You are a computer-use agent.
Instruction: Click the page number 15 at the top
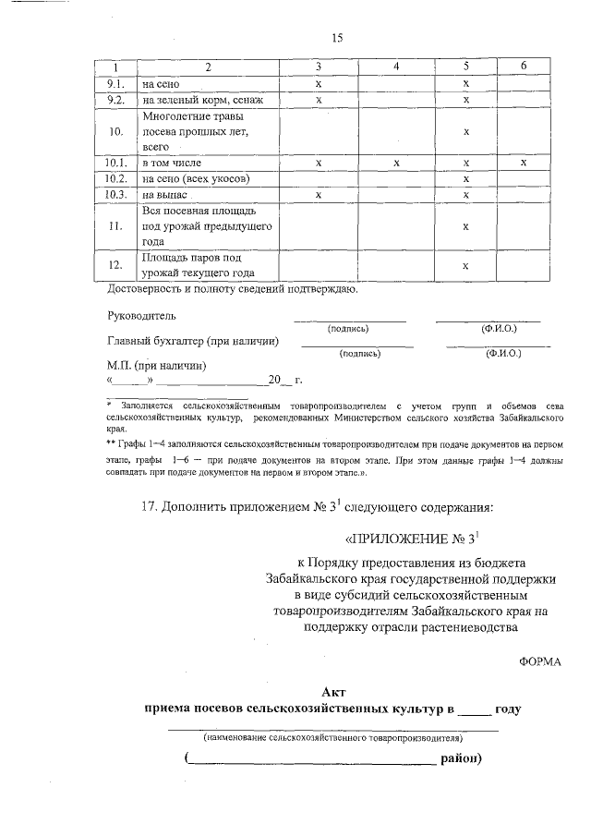337,38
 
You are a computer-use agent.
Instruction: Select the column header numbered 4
395,67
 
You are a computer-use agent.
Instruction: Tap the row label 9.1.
115,83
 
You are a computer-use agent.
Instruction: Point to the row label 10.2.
115,178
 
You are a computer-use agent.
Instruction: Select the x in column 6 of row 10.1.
523,163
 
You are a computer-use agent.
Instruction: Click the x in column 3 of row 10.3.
318,195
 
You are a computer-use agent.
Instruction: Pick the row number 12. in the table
115,265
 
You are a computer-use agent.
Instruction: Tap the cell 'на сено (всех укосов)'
195,178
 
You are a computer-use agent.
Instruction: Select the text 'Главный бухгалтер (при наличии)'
193,341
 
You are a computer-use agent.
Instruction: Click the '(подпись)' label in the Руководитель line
348,329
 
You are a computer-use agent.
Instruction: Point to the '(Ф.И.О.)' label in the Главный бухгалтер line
500,354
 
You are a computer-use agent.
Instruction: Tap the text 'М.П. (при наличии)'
157,366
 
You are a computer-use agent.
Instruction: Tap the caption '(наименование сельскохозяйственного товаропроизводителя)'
333,738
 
